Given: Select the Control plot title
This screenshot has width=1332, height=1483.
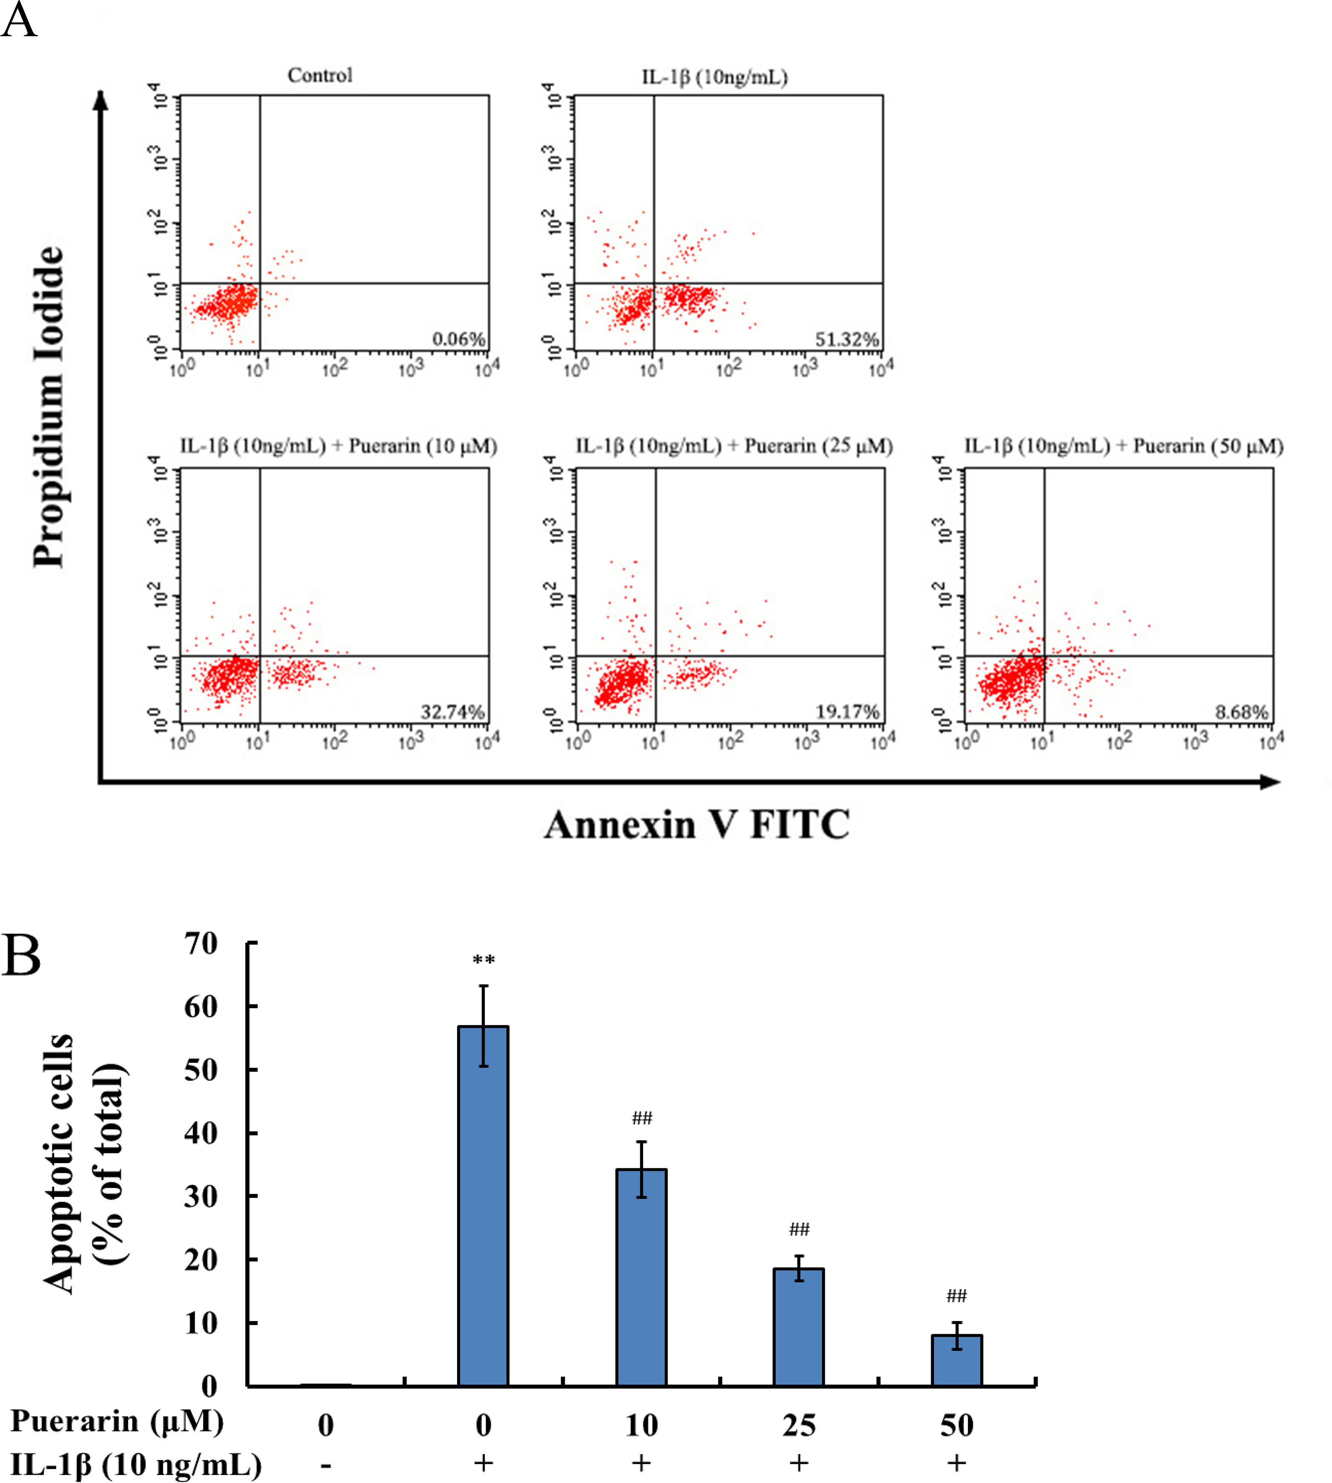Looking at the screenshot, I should pos(320,75).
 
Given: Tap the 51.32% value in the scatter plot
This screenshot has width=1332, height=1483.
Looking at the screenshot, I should pos(847,339).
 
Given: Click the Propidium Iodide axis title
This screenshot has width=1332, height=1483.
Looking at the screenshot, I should pos(50,406).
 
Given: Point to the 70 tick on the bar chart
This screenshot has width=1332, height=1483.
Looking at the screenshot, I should pos(201,944).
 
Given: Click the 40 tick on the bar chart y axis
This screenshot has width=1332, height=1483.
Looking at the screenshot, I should pos(201,1133).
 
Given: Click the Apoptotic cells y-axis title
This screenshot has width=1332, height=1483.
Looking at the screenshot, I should pos(82,1163).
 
